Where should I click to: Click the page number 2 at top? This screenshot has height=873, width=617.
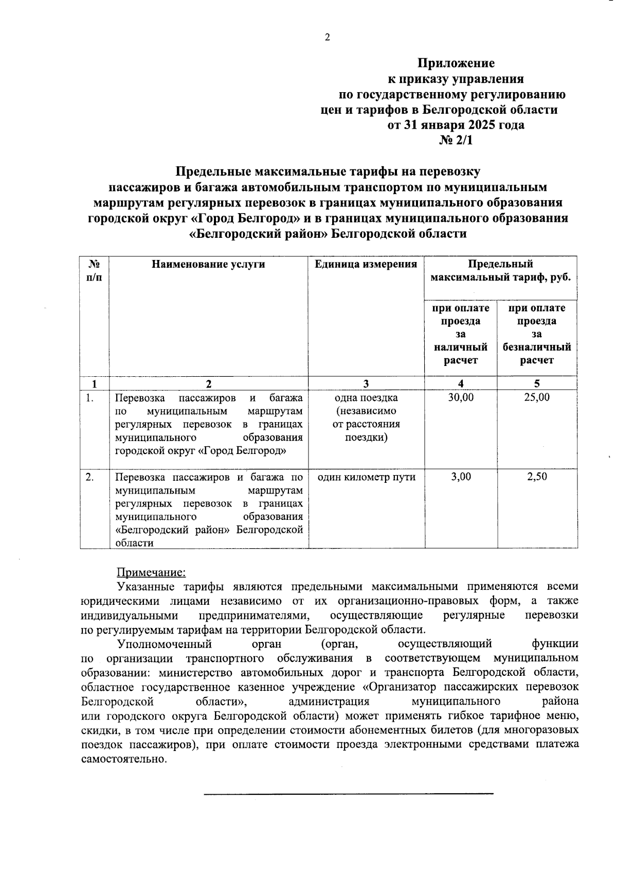pos(327,37)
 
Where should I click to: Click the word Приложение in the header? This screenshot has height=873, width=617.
pos(456,63)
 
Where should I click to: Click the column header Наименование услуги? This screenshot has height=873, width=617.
pos(208,265)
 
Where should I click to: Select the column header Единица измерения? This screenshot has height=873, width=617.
pos(366,265)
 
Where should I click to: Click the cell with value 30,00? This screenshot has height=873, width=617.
pos(461,397)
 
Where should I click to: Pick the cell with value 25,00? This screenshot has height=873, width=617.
pos(537,397)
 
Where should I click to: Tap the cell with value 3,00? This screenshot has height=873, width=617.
pos(461,477)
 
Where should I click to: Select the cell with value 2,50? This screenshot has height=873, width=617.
pos(537,477)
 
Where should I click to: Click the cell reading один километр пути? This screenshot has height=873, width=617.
pos(366,477)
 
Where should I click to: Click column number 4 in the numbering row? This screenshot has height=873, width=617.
pos(461,383)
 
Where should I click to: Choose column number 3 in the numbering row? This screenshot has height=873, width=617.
pos(366,383)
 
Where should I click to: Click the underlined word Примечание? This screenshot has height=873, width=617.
pos(151,572)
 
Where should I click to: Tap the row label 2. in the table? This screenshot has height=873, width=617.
pos(90,477)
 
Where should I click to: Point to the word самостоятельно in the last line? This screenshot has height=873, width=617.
pos(124,759)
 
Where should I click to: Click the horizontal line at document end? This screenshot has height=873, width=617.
pos(349,794)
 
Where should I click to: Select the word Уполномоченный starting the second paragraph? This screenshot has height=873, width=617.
pos(165,644)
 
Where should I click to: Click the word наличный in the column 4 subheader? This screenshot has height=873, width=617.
pos(461,347)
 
